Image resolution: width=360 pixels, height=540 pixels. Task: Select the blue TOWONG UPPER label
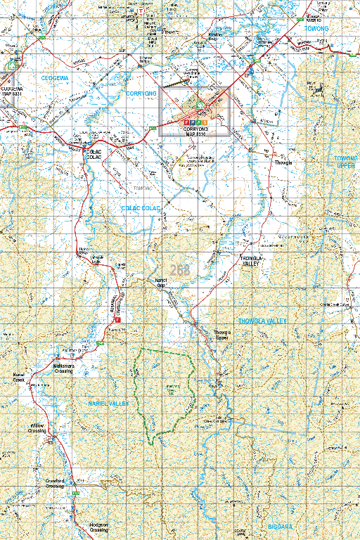346,162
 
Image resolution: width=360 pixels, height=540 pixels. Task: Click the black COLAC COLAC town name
94,154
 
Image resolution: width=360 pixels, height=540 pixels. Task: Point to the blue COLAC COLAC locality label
141,209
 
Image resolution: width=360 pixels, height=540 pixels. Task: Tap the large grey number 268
179,270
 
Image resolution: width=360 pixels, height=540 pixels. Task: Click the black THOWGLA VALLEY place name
251,260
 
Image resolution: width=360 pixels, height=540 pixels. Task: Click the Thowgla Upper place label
221,335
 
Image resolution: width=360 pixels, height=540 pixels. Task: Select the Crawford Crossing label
56,484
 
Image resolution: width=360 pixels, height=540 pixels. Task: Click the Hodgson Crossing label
99,527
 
